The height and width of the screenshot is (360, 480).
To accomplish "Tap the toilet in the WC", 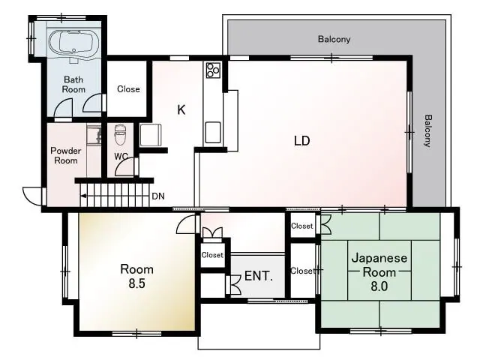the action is click(x=120, y=135).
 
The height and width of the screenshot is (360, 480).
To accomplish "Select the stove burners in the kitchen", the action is click(x=213, y=70).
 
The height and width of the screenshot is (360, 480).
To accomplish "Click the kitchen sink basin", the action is click(x=213, y=132).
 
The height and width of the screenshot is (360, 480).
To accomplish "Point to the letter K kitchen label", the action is click(x=181, y=109).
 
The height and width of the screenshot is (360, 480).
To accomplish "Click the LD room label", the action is click(x=301, y=140).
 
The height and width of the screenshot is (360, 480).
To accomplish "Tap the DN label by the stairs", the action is click(x=158, y=196).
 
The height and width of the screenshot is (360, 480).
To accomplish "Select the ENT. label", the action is click(x=258, y=276).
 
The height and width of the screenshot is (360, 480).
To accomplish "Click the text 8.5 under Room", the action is click(x=136, y=283).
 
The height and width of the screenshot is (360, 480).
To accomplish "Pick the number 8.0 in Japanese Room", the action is click(x=379, y=286).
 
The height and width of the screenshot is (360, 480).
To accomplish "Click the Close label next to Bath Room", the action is click(x=128, y=89).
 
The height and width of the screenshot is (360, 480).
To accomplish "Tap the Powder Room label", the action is click(x=65, y=155).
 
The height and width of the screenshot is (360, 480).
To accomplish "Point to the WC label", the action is click(x=121, y=157).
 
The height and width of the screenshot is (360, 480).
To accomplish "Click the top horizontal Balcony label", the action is click(x=334, y=39).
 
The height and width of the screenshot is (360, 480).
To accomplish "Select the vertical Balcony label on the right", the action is click(x=427, y=131).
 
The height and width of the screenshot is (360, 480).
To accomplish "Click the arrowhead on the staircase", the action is click(x=83, y=195).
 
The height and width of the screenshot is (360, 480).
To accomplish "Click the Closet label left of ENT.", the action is click(x=212, y=255).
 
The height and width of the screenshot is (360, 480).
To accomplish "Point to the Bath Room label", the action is click(x=73, y=85).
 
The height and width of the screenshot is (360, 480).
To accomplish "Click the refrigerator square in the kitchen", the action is click(x=151, y=135).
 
